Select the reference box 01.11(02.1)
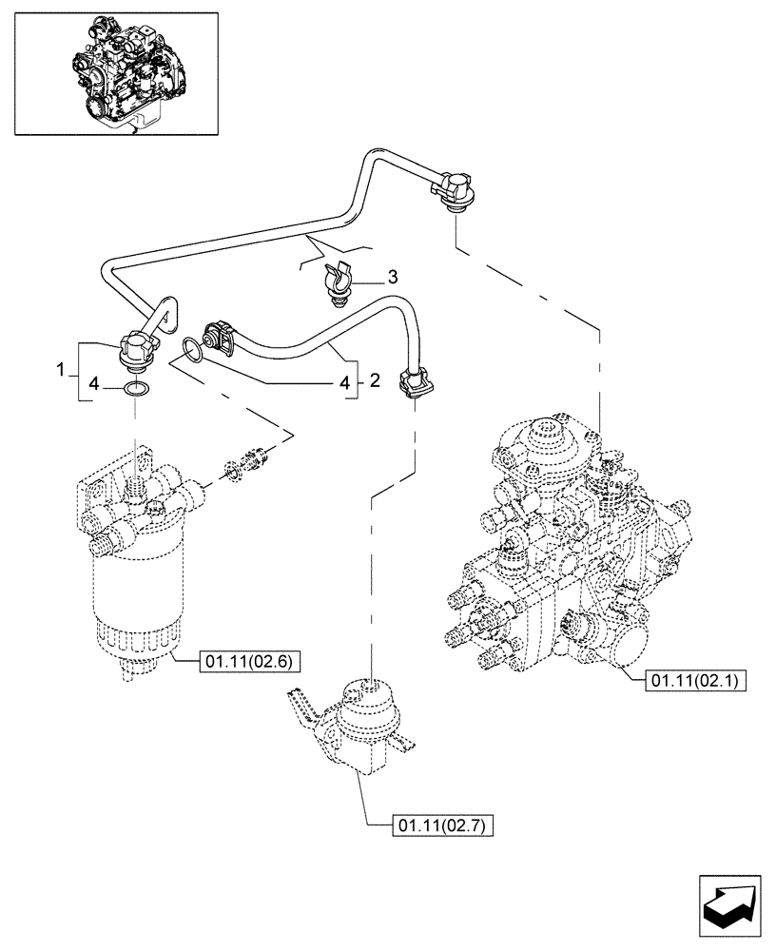(697, 681)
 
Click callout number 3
(392, 278)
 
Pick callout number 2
(374, 381)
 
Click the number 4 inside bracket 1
(92, 385)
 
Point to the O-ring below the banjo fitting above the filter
(136, 389)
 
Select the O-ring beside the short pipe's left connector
(192, 351)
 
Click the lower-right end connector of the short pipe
(417, 382)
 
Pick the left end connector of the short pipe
(224, 339)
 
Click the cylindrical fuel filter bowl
(133, 590)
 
